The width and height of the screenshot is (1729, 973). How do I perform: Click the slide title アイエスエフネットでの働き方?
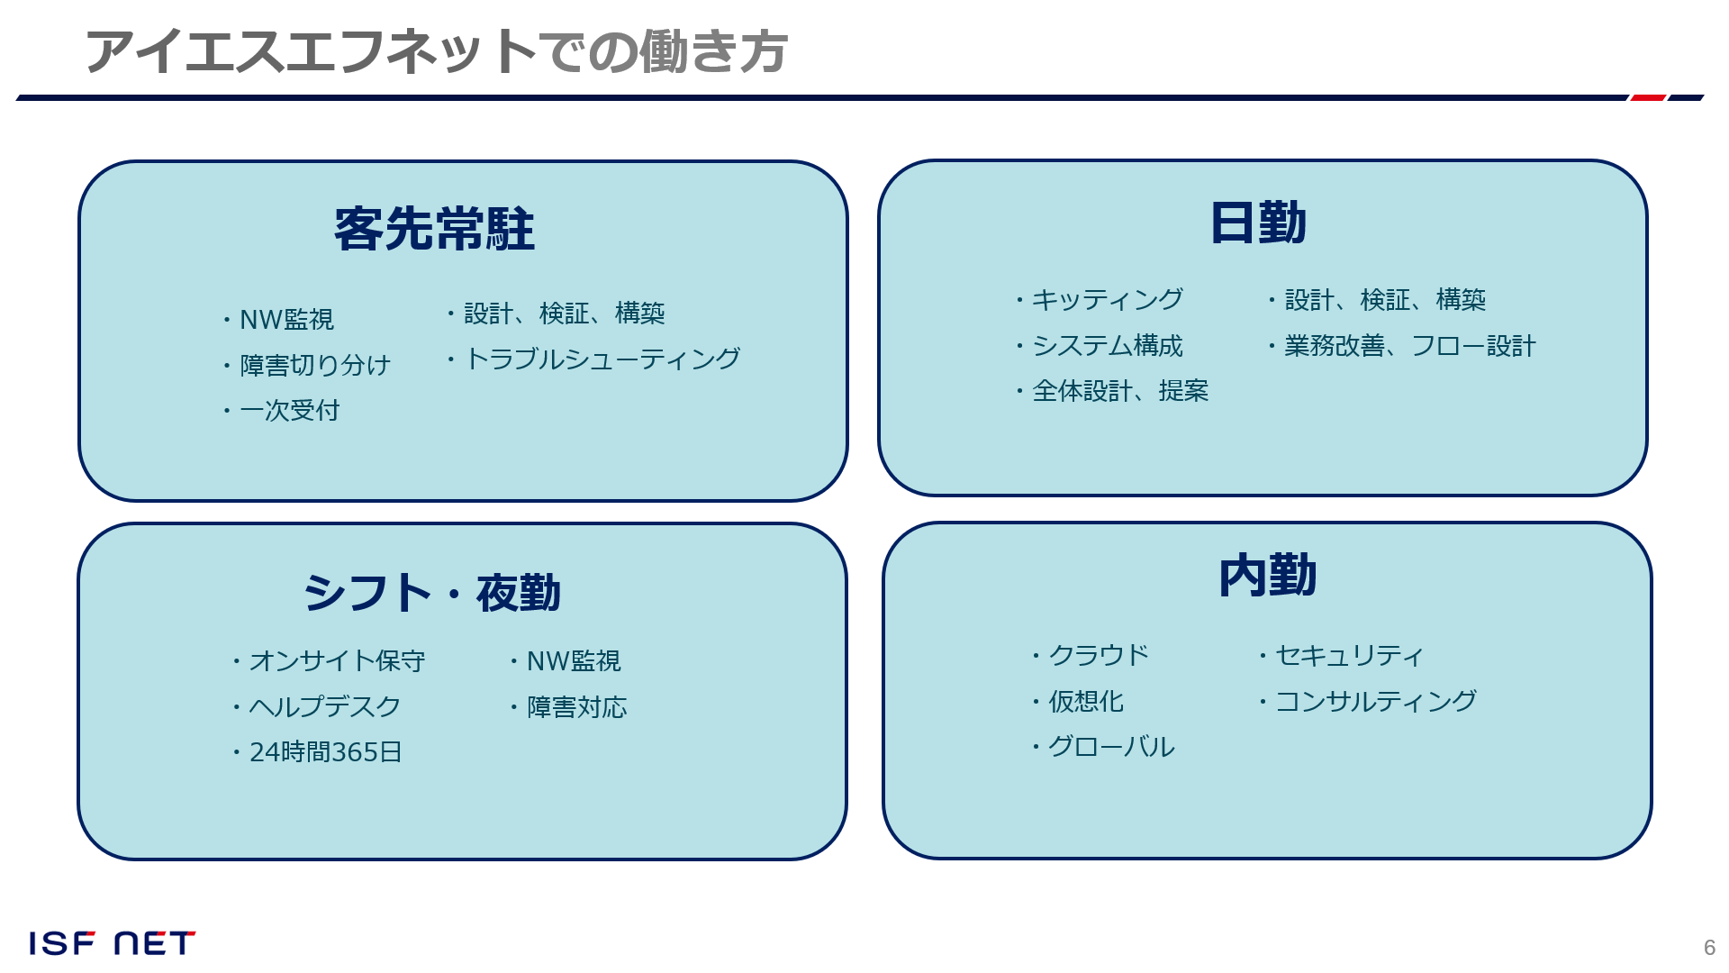(437, 51)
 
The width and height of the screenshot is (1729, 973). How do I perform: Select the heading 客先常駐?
(434, 229)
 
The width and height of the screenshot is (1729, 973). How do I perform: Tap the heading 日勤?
(1257, 223)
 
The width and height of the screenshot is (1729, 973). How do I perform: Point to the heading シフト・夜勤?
(432, 593)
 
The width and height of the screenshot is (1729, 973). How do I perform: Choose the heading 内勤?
(1267, 576)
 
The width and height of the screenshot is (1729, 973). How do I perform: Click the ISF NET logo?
(113, 943)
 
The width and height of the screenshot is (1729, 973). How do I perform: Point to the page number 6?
(1709, 948)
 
